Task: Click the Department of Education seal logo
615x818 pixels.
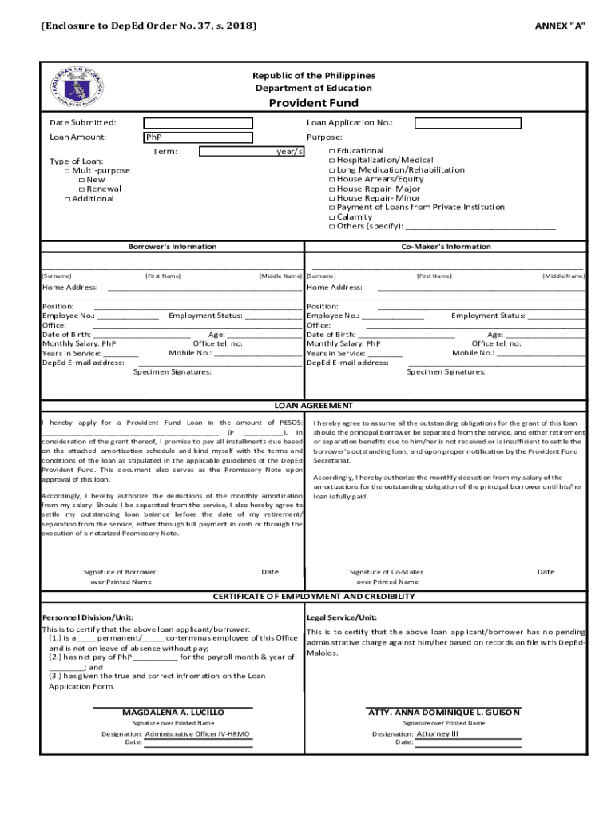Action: pyautogui.click(x=81, y=88)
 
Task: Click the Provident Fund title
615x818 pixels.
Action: pyautogui.click(x=313, y=103)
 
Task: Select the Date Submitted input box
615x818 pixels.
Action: pyautogui.click(x=198, y=123)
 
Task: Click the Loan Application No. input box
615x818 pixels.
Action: pyautogui.click(x=468, y=123)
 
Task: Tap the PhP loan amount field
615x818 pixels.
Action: pyautogui.click(x=198, y=137)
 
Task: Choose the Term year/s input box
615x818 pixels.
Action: pyautogui.click(x=251, y=152)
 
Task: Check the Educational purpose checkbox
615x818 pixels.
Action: pyautogui.click(x=332, y=151)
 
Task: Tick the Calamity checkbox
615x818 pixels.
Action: pyautogui.click(x=332, y=217)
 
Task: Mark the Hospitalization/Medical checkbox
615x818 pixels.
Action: pyautogui.click(x=332, y=161)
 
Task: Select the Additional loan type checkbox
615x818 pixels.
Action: pyautogui.click(x=68, y=199)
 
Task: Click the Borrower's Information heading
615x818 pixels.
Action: pyautogui.click(x=173, y=247)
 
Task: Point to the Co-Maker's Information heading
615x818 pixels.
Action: pyautogui.click(x=446, y=247)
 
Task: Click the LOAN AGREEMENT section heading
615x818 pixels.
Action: pyautogui.click(x=313, y=406)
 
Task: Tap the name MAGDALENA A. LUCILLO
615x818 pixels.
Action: pyautogui.click(x=173, y=713)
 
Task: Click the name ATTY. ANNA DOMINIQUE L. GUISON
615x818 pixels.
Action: pyautogui.click(x=444, y=713)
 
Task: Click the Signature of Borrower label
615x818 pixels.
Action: pyautogui.click(x=120, y=572)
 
